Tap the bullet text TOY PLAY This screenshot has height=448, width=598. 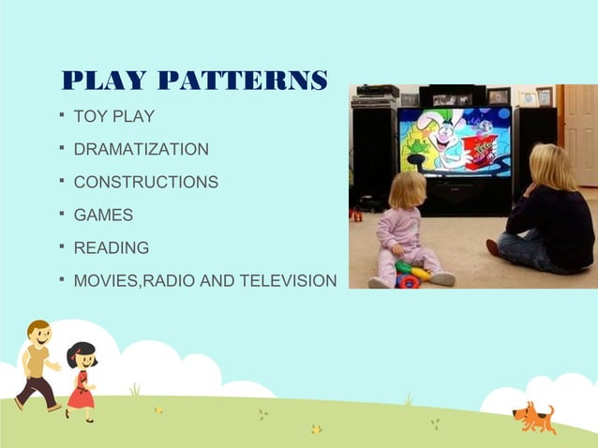point(113,117)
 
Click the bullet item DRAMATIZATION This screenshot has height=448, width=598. point(141,149)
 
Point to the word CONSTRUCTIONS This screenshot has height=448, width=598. point(145,182)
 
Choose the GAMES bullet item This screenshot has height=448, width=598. point(103,215)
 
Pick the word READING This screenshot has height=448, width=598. point(111,247)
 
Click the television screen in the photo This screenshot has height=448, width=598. point(454,142)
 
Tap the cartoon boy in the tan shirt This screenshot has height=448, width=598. point(37,365)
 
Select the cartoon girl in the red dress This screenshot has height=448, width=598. point(81,381)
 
